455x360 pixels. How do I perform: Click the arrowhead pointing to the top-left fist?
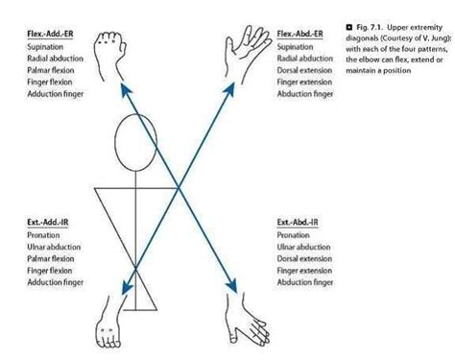[x=125, y=87]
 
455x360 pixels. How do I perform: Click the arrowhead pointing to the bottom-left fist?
[x=124, y=285]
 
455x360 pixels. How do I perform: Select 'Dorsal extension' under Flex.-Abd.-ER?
[x=304, y=70]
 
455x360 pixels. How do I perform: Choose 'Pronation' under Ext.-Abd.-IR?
[x=292, y=234]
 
